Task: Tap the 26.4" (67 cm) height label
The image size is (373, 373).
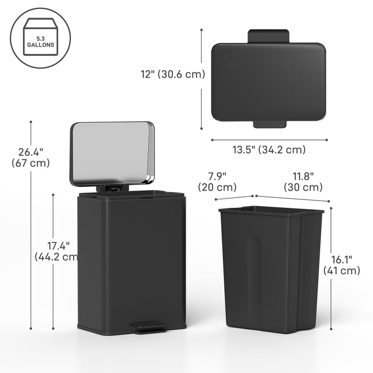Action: point(31,157)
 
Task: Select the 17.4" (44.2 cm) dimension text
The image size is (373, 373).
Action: point(56,250)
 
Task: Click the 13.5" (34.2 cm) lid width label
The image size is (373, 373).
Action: point(268,150)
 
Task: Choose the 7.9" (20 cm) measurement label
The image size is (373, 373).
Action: point(217,181)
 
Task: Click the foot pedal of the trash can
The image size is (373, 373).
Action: point(150,328)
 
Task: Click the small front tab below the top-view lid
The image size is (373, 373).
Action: point(268,124)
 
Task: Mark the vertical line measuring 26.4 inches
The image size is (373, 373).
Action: point(31,233)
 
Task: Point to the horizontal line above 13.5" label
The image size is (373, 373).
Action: point(269,139)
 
